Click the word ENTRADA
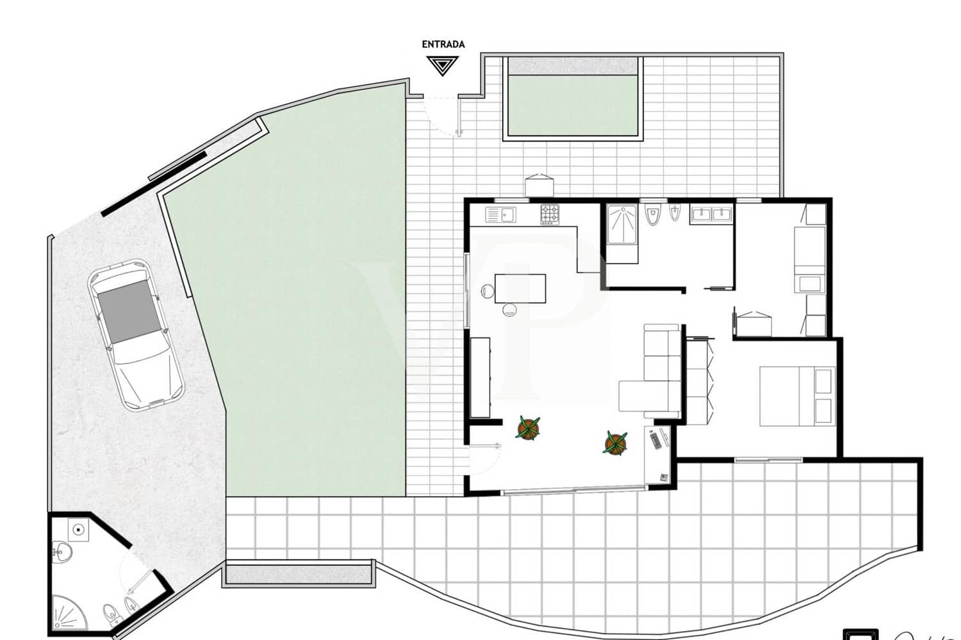(x=443, y=44)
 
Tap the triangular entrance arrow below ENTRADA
(x=442, y=65)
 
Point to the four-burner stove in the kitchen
(x=550, y=214)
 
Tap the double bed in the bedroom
(x=797, y=396)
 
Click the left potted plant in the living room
(x=528, y=427)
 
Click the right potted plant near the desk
(x=616, y=442)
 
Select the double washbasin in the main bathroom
(x=711, y=214)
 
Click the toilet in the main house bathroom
(x=652, y=216)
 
